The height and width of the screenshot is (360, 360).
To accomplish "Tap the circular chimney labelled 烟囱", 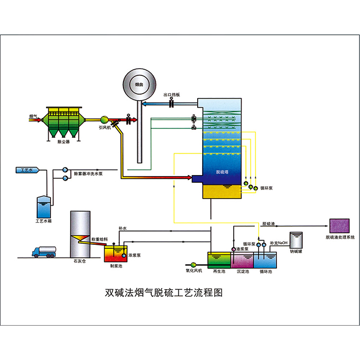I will click(139, 85).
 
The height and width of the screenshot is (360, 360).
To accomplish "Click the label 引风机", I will click(105, 127).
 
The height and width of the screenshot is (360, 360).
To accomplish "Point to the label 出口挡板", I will click(172, 95).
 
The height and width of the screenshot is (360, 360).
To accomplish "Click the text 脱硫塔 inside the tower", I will click(223, 172).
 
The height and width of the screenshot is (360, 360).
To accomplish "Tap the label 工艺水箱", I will click(43, 220).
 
